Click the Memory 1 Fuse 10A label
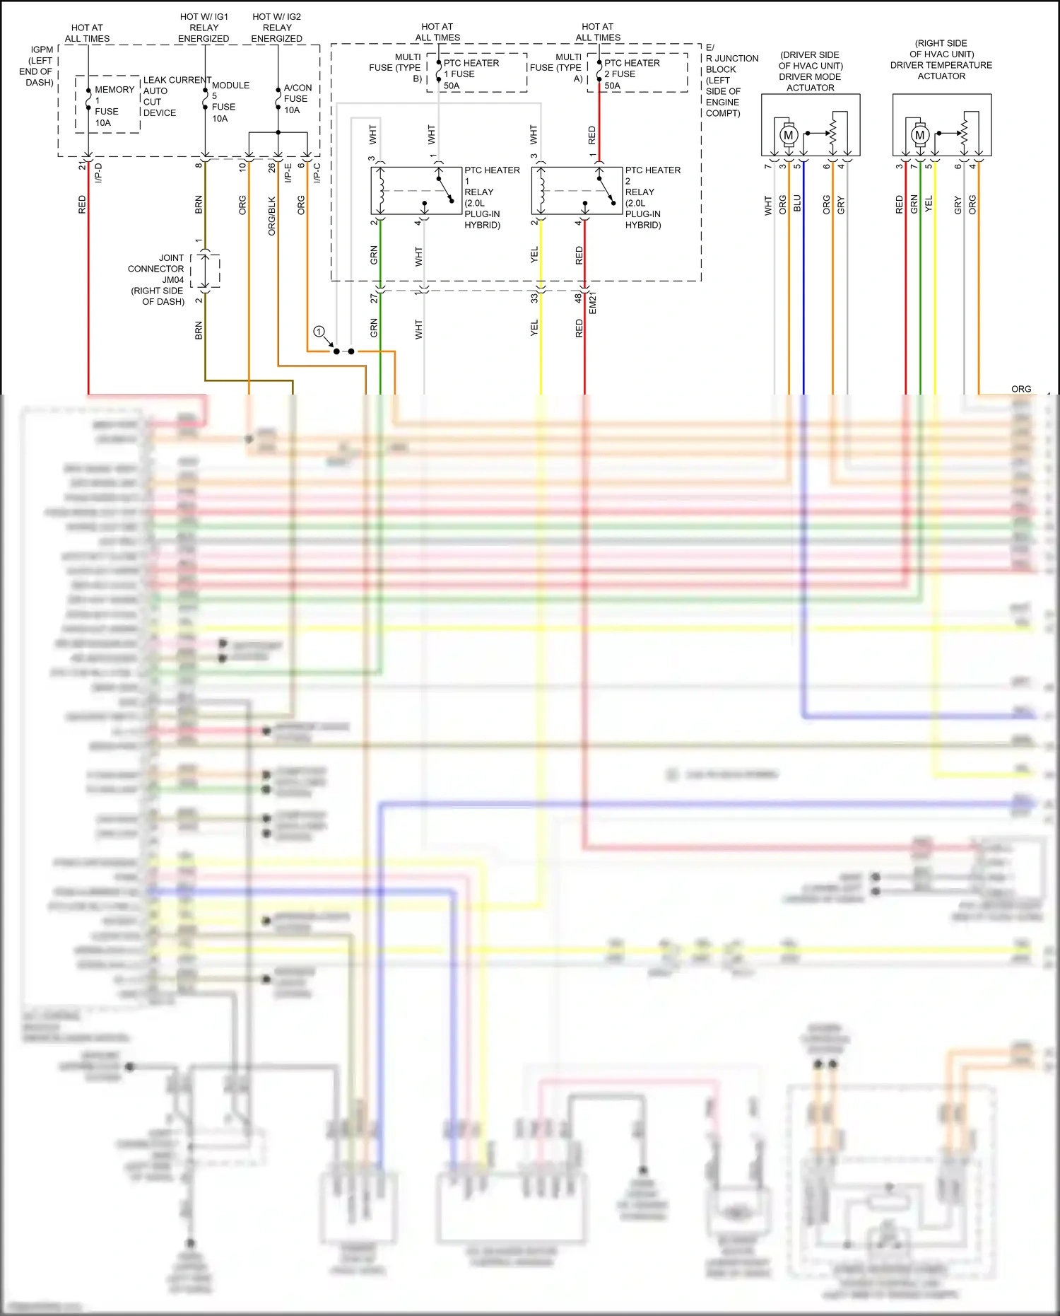tap(113, 106)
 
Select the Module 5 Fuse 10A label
tap(230, 102)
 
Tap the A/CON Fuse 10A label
tap(297, 99)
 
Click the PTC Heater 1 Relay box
tap(416, 191)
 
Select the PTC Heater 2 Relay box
tap(576, 191)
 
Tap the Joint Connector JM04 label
tap(157, 279)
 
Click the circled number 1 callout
tap(319, 332)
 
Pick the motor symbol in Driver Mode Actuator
tap(789, 134)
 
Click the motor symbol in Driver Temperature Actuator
tap(919, 134)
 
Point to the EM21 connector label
tap(593, 303)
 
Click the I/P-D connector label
tap(99, 173)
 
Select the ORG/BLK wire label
tap(272, 216)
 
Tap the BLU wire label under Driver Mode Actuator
tap(798, 204)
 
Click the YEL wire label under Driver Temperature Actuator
tap(929, 204)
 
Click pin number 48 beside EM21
tap(578, 298)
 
